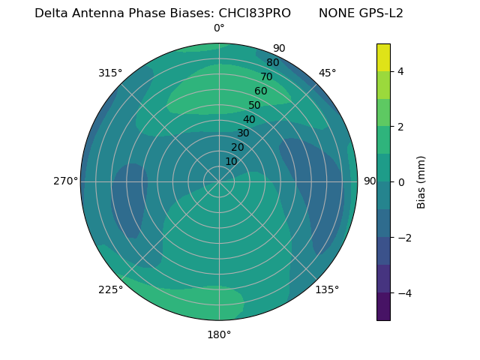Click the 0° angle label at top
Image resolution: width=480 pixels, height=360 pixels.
(x=219, y=28)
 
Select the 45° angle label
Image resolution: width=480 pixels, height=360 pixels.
(x=327, y=73)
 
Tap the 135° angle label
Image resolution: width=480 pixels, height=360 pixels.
(x=327, y=289)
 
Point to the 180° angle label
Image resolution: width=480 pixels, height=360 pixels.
(x=219, y=334)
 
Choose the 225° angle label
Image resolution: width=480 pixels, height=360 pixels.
(x=110, y=289)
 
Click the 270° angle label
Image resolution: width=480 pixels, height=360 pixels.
(x=65, y=181)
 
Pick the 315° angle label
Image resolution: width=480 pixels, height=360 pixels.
(x=110, y=73)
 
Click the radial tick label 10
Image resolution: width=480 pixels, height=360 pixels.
(x=231, y=161)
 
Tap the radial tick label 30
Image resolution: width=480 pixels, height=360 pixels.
(x=243, y=133)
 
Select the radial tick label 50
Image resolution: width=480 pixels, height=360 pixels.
(x=254, y=105)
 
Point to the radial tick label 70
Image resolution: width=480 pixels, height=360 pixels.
(x=266, y=76)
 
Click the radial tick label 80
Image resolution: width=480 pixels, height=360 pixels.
(x=272, y=62)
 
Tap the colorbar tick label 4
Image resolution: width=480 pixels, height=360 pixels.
(x=400, y=71)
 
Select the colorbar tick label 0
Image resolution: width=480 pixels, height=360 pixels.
(x=400, y=181)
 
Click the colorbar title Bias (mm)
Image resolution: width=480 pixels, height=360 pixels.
(x=421, y=181)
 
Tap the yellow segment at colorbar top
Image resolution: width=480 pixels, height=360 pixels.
(x=383, y=57)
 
